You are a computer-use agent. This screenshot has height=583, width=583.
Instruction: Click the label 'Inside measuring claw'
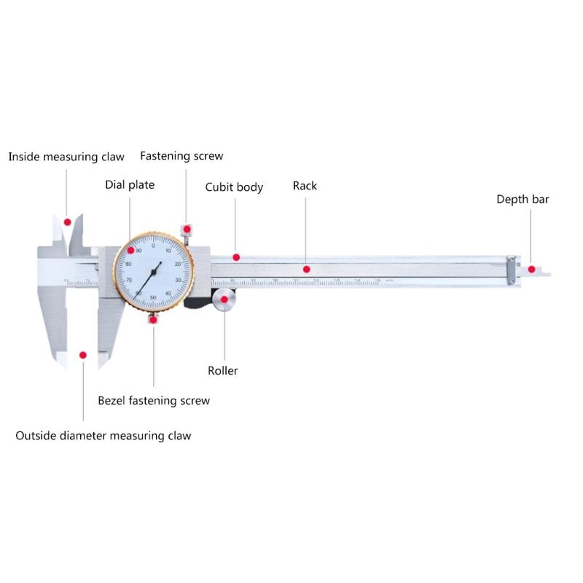tap(66, 157)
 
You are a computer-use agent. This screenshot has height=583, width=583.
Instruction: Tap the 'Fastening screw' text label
tap(181, 156)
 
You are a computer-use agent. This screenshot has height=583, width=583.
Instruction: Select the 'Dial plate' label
tap(130, 185)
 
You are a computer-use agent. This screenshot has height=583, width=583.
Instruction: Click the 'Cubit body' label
tap(234, 187)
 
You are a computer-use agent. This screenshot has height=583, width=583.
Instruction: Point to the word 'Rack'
tap(305, 186)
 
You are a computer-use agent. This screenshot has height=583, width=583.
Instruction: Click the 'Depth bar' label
tap(523, 199)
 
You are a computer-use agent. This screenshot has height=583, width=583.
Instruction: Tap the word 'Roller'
tap(223, 371)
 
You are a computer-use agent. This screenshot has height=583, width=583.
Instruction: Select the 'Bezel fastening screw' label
tap(154, 400)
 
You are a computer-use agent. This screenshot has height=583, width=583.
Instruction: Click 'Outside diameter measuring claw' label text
tap(103, 436)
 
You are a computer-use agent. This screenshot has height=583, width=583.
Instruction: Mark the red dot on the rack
tap(306, 269)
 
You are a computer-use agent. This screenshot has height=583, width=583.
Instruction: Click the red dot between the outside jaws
tap(83, 354)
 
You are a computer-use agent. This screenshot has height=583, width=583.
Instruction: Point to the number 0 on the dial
tap(154, 246)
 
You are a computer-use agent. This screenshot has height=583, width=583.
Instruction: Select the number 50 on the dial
tap(152, 298)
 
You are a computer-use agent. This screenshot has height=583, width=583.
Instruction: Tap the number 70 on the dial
tap(130, 280)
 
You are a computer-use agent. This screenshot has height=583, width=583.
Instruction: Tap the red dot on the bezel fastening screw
tap(153, 318)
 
